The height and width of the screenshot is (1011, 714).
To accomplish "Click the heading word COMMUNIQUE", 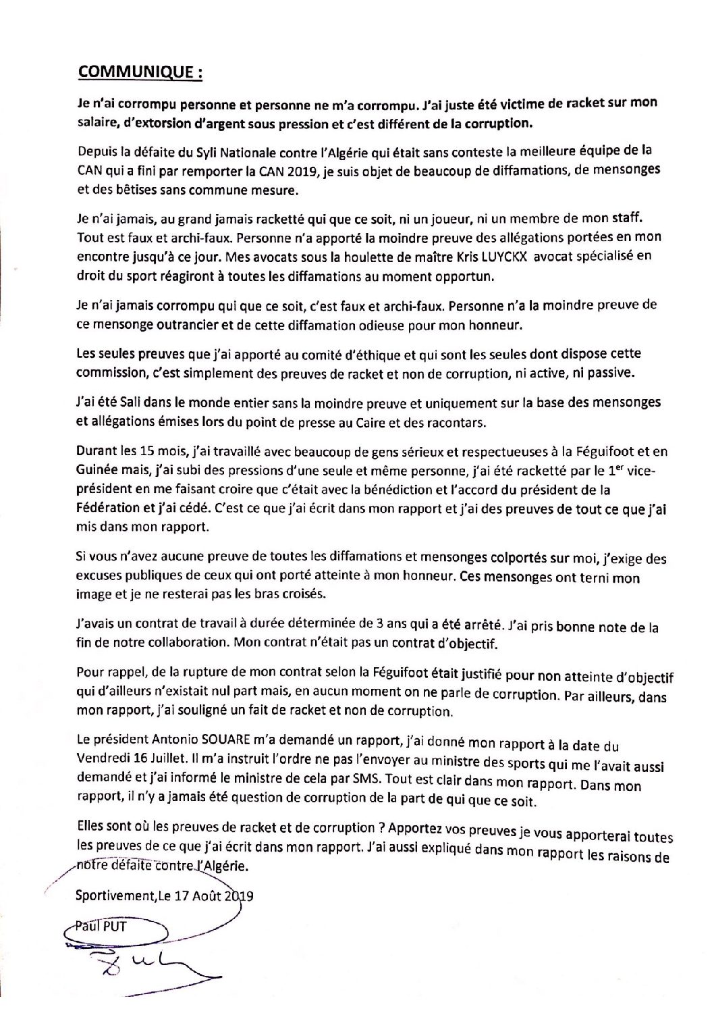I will (x=136, y=72).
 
